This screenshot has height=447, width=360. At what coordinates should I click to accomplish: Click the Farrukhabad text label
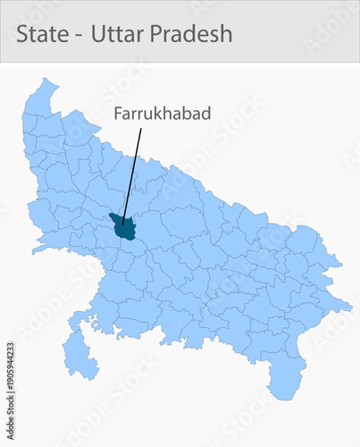coord(149,114)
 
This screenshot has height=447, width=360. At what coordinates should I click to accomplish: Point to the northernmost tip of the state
coord(42,80)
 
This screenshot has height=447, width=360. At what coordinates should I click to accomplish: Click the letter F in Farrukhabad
coord(117,114)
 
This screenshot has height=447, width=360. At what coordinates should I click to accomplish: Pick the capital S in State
coord(22,34)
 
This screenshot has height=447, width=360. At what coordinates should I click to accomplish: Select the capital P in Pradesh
coord(160,34)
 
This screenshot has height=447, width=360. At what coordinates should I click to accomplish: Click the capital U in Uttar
coord(100,34)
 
